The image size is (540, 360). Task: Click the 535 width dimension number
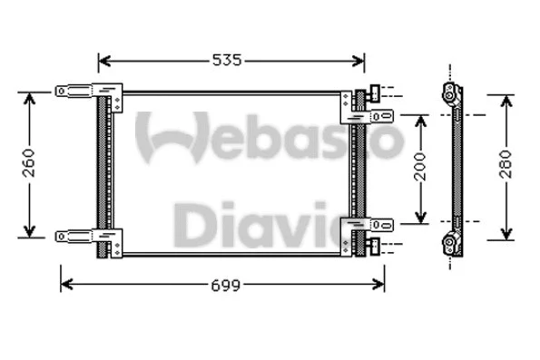227,61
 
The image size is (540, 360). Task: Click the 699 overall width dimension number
227,286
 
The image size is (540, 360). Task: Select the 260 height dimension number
29,163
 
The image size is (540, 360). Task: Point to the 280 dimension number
506,166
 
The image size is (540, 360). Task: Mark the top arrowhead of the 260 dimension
29,97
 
